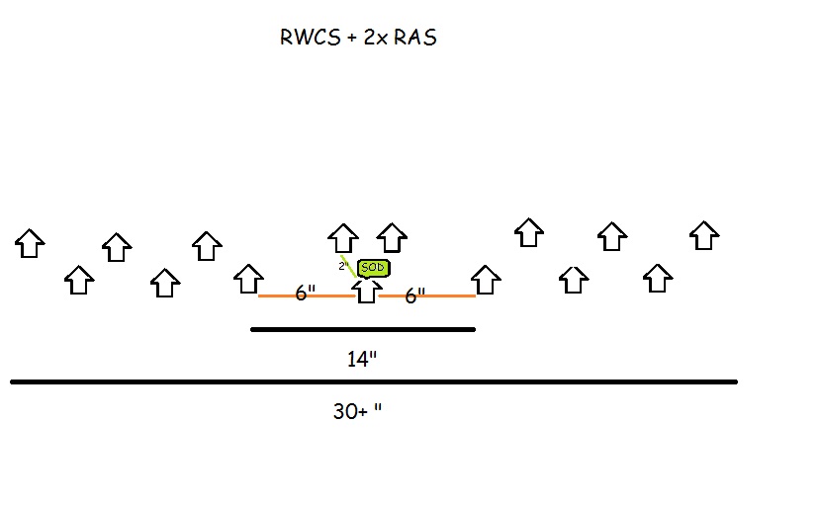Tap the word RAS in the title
click(x=413, y=40)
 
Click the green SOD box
click(x=373, y=268)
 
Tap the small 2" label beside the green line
click(x=342, y=266)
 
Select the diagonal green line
click(x=349, y=267)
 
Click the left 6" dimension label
click(x=306, y=294)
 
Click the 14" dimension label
click(x=362, y=359)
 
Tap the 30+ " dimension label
click(x=356, y=411)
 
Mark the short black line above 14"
click(x=363, y=329)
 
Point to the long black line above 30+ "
click(x=374, y=381)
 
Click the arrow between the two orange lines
click(x=367, y=291)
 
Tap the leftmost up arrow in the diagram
click(x=30, y=243)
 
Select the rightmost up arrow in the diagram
click(x=703, y=235)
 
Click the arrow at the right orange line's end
click(x=485, y=280)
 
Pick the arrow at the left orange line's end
click(x=248, y=279)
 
